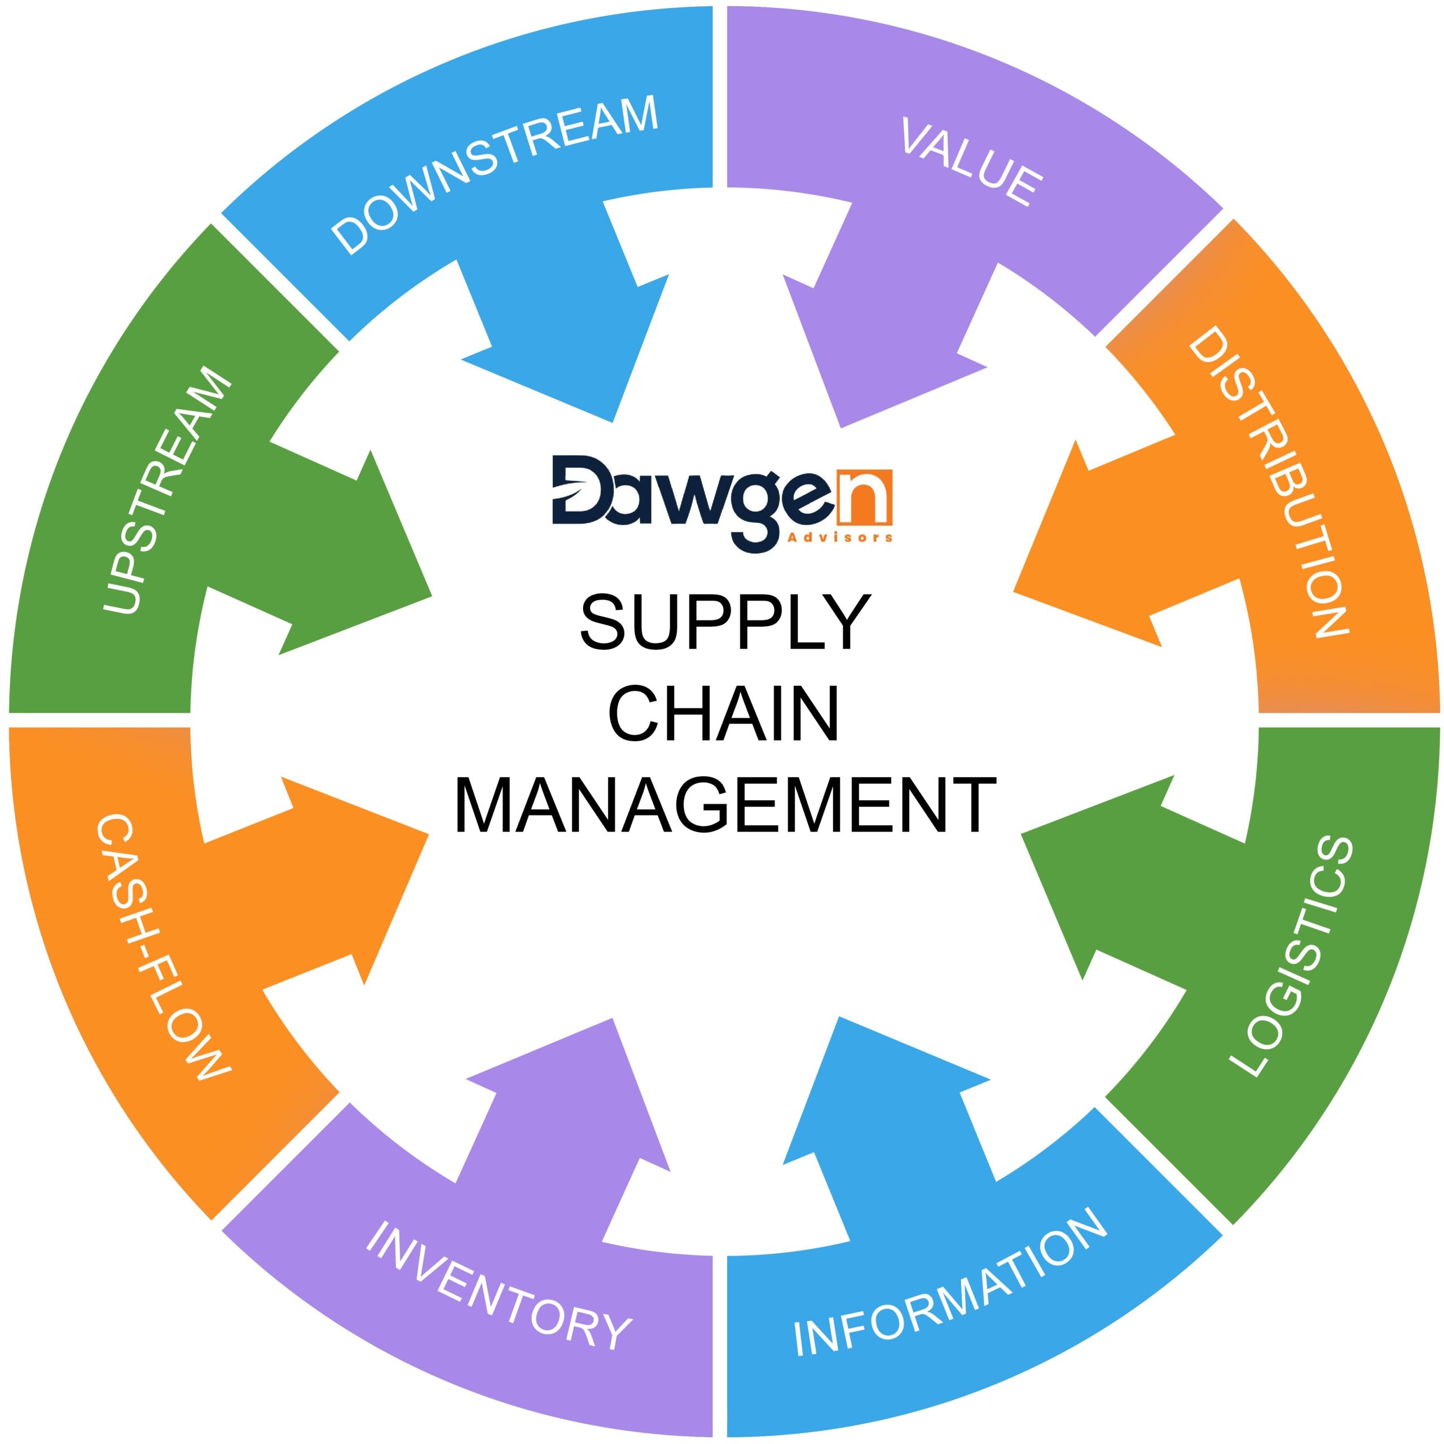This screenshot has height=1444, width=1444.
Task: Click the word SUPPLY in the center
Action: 725,622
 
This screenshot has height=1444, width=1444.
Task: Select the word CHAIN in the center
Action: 724,713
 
